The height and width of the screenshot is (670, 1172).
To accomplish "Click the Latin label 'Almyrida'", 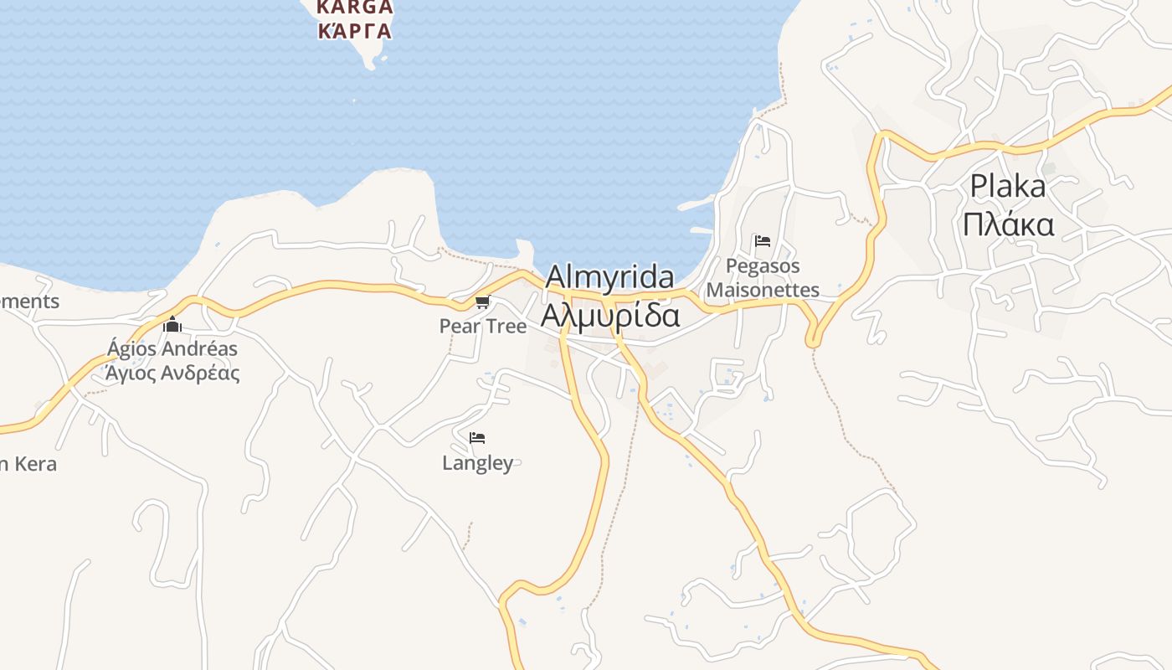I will click(x=609, y=276).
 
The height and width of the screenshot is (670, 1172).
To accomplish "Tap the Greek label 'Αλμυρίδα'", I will click(x=609, y=316).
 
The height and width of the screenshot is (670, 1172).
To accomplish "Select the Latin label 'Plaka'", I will click(x=1008, y=186).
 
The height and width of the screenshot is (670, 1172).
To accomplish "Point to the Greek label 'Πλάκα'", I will click(x=1008, y=224).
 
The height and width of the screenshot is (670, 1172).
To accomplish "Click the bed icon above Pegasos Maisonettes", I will click(x=763, y=241).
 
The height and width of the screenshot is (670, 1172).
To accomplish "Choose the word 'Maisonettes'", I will click(x=763, y=290).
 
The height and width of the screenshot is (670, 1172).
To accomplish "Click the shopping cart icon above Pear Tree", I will click(x=481, y=302).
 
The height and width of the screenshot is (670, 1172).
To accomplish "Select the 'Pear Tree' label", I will click(x=483, y=326).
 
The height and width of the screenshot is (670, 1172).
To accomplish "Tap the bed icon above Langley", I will click(x=477, y=438).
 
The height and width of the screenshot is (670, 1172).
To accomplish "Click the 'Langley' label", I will click(x=477, y=462).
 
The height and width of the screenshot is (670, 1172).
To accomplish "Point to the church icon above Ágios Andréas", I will click(x=172, y=324).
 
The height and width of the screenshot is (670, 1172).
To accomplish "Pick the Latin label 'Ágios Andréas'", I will click(x=172, y=348).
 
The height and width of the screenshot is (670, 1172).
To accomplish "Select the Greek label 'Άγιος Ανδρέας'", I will click(x=172, y=373).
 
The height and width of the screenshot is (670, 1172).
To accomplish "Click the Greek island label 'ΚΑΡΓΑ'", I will click(x=355, y=31).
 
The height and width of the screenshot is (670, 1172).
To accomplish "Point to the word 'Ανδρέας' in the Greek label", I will click(x=200, y=373).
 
